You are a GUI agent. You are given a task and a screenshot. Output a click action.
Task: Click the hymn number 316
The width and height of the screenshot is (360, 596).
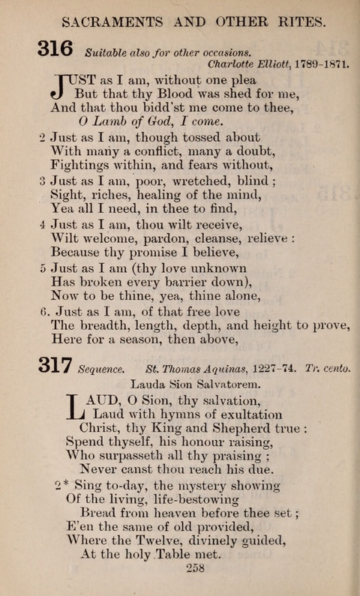click(55, 49)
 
